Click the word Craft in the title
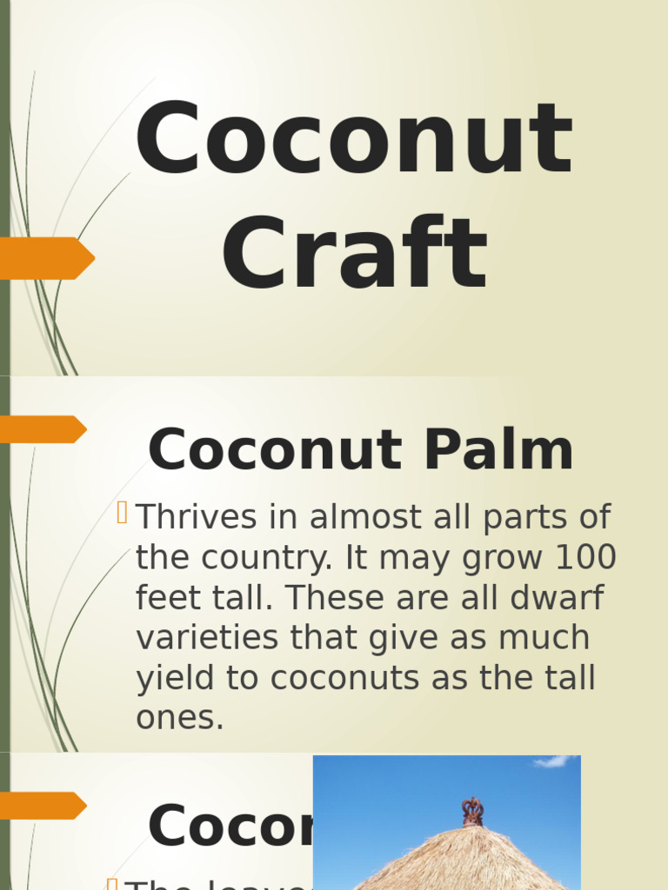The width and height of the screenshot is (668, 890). click(x=353, y=255)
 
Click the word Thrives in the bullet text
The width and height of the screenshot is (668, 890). click(x=197, y=518)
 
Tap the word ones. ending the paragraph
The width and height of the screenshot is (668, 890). click(x=179, y=719)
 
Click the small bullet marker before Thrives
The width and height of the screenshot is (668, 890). click(x=122, y=514)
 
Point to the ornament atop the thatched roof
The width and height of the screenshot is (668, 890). click(x=472, y=811)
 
